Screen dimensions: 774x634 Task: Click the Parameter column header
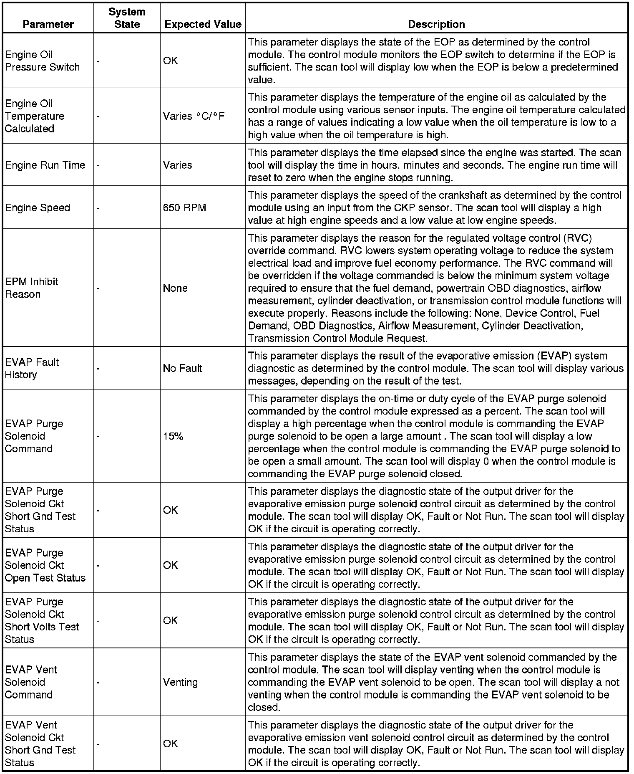pos(48,24)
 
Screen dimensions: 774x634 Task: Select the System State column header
pos(127,18)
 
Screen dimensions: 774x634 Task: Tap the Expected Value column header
pos(203,24)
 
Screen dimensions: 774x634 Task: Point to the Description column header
pos(436,24)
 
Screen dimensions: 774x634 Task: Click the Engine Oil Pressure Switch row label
pos(42,61)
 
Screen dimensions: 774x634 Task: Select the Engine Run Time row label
pos(45,165)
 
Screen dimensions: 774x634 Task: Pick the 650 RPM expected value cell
pos(184,208)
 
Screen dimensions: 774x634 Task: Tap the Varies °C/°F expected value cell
pos(194,116)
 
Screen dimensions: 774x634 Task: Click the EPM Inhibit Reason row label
pos(31,288)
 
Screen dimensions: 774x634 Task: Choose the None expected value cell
pos(175,288)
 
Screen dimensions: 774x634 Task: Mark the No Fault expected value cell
pos(182,368)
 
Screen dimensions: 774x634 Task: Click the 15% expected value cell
pos(173,436)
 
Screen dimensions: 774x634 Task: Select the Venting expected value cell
pos(180,682)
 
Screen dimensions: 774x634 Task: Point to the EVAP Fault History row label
pos(32,368)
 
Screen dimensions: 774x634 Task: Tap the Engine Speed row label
pos(38,208)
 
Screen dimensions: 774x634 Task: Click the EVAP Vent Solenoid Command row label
pos(31,682)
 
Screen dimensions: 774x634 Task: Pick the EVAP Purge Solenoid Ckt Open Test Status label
pos(45,565)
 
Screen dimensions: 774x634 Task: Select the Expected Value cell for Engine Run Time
pos(177,165)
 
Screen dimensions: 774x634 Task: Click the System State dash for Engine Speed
pos(98,208)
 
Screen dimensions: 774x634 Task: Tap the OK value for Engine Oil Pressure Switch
pos(170,61)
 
